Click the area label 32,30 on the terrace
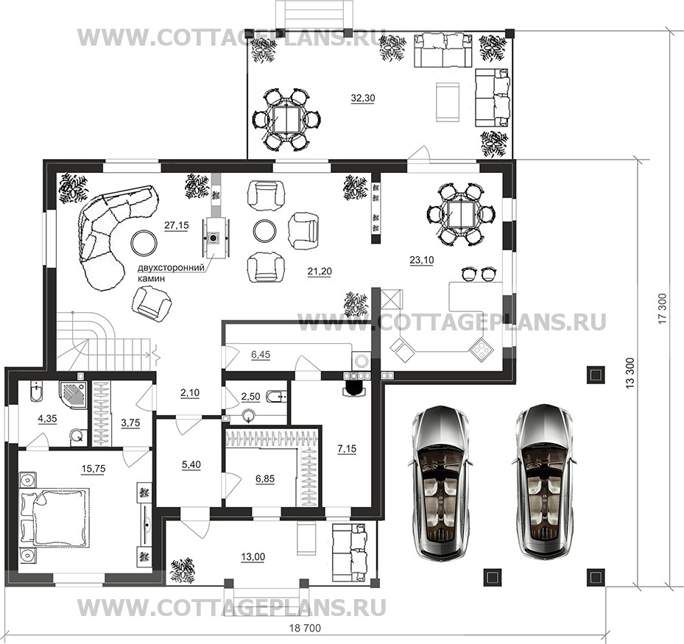(363, 99)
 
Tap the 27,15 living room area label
(177, 225)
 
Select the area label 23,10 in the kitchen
(422, 261)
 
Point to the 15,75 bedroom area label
(94, 469)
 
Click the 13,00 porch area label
(253, 557)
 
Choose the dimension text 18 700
(305, 629)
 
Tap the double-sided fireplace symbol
(214, 238)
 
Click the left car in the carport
(441, 483)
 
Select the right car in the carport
(544, 483)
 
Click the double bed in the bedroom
(53, 517)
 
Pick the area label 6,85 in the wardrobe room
(265, 478)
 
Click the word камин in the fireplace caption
(152, 279)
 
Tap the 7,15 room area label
(348, 448)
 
